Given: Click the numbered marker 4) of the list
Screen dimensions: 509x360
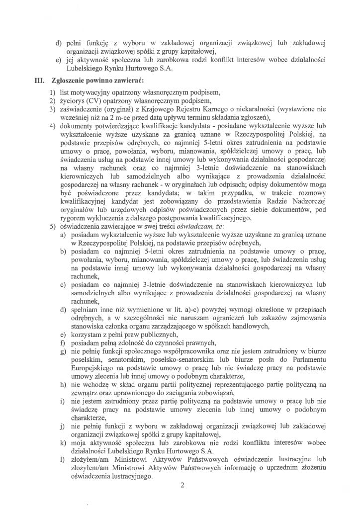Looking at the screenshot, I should pos(52,126).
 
